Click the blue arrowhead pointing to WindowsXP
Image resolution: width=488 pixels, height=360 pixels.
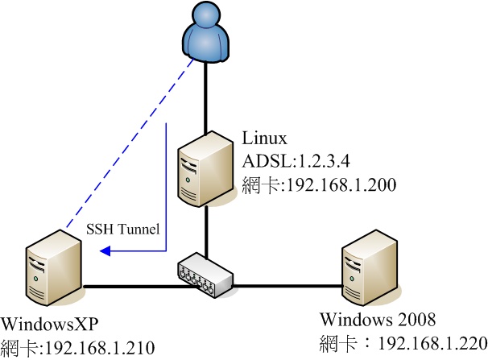[105, 252]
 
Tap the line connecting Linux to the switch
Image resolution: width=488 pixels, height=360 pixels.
[208, 230]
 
